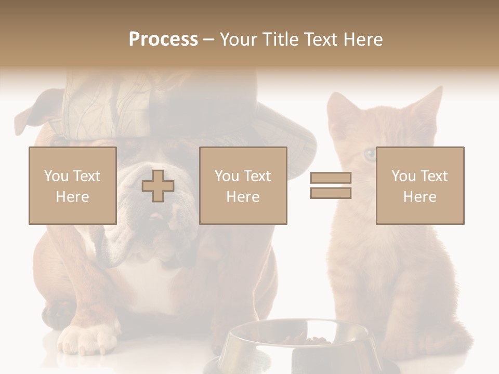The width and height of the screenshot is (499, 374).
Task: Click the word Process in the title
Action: click(x=163, y=39)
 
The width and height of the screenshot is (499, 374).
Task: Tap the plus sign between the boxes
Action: click(x=158, y=186)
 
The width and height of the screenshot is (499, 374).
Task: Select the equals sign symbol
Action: click(x=331, y=185)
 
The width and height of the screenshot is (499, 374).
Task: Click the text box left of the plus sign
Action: click(x=72, y=185)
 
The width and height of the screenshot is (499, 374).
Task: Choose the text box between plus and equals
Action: click(x=243, y=185)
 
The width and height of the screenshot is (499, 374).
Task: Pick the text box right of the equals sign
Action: click(x=419, y=185)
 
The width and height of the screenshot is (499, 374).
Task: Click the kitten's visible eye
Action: click(x=369, y=154)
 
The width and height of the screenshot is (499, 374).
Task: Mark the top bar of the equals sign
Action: click(x=331, y=178)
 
